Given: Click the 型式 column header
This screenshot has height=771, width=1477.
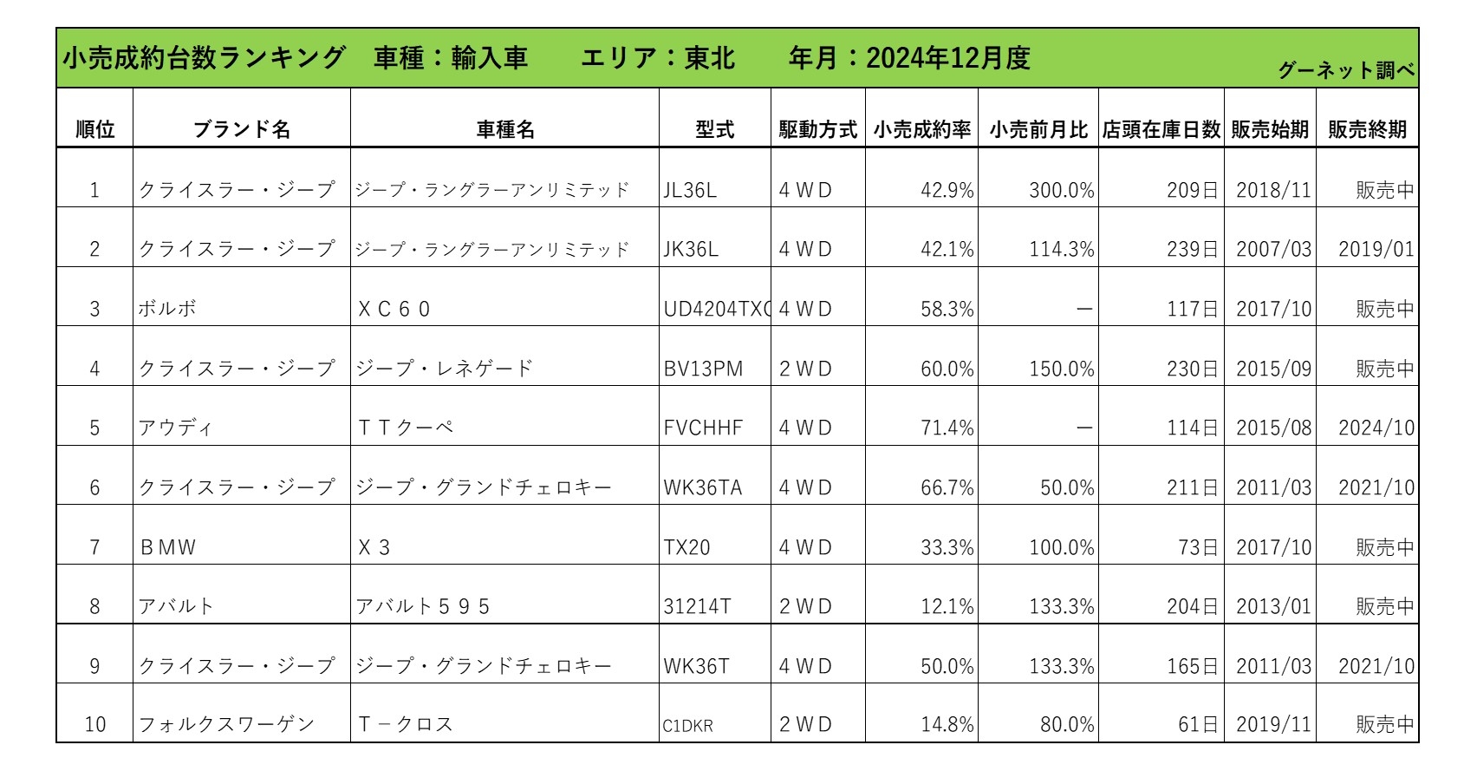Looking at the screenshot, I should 714,130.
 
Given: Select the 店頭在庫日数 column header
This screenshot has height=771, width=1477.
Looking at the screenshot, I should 1161,130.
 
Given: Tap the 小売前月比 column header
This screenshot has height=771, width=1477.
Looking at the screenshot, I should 1038,130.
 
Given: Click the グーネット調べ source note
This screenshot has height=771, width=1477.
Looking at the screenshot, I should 1346,71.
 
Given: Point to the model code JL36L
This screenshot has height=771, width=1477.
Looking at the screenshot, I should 690,190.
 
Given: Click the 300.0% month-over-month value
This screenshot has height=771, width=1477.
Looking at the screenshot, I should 1061,190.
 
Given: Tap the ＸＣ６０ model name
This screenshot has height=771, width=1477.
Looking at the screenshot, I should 394,310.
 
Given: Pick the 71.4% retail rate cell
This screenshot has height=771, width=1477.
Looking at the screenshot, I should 947,428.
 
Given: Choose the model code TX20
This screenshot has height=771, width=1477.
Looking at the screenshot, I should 686,548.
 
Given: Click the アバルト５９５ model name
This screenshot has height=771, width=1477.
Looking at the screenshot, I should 423,607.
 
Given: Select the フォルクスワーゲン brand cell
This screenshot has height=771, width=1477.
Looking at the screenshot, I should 226,725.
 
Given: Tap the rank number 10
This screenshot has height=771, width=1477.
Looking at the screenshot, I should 94,725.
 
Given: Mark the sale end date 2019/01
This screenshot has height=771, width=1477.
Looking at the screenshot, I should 1376,250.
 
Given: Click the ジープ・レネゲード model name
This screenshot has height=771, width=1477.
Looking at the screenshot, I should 444,369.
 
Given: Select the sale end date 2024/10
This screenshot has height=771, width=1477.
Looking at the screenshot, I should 1376,428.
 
